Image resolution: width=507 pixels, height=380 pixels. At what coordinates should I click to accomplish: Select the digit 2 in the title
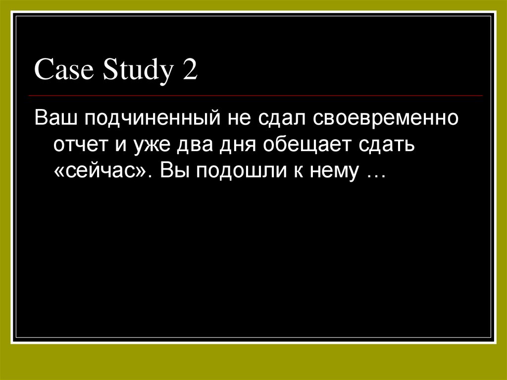tap(190, 70)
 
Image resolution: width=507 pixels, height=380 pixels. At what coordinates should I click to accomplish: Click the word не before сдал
tap(238, 120)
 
